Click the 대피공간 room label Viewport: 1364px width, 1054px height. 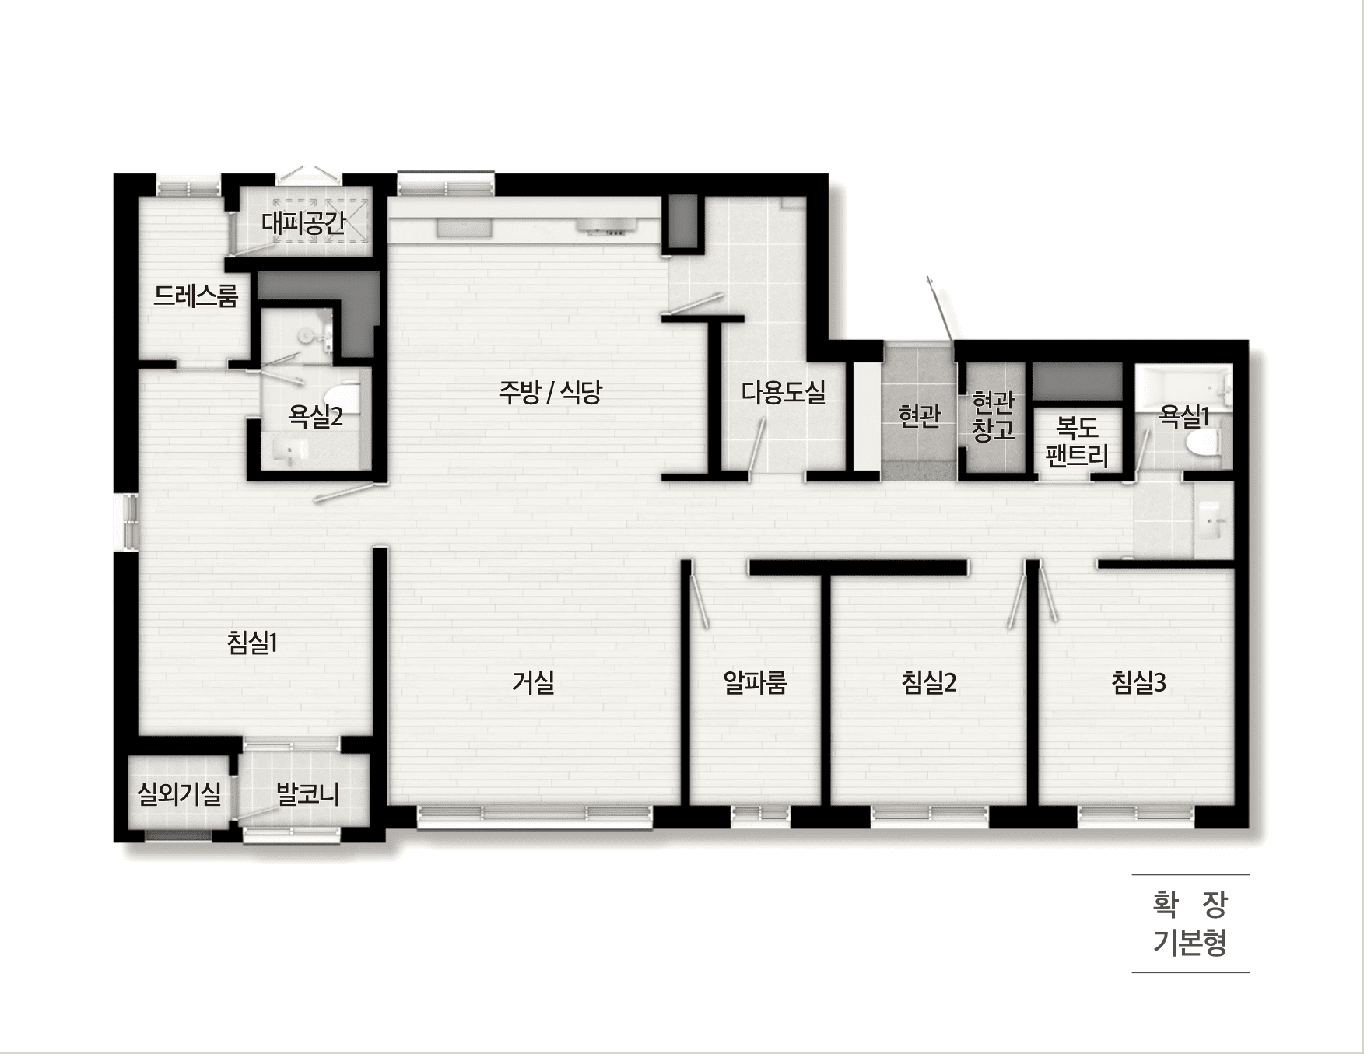click(x=303, y=224)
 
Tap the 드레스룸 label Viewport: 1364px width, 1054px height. click(x=195, y=296)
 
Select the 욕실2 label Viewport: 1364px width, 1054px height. click(x=315, y=417)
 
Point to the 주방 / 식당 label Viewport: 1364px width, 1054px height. click(x=550, y=392)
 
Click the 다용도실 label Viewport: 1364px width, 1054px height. click(x=784, y=392)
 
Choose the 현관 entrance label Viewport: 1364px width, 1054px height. click(x=920, y=416)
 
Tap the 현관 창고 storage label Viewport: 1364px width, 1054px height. click(x=994, y=416)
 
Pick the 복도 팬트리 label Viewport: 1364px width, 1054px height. click(x=1077, y=442)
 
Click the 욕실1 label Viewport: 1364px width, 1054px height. click(x=1184, y=417)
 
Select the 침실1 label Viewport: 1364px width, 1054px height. click(x=252, y=643)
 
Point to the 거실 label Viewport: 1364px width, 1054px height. click(x=533, y=683)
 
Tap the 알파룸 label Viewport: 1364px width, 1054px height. click(x=756, y=683)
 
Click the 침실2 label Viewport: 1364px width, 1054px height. click(x=928, y=683)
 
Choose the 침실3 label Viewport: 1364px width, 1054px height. click(x=1139, y=683)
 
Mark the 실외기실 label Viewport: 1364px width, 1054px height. click(x=179, y=794)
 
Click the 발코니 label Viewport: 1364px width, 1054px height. click(x=308, y=794)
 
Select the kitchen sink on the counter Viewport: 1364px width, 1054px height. click(x=464, y=227)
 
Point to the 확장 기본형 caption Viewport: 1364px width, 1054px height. click(x=1190, y=923)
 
